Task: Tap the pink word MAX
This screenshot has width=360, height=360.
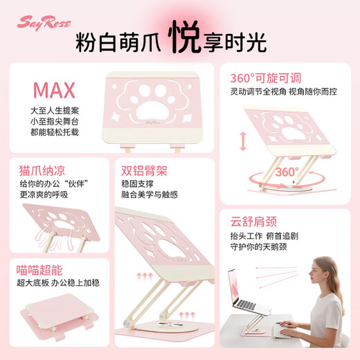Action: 55,91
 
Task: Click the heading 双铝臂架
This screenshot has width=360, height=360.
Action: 145,170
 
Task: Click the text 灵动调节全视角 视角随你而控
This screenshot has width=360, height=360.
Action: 285,91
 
